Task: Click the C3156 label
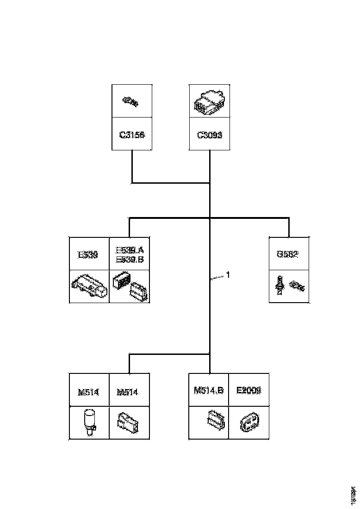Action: [x=132, y=135]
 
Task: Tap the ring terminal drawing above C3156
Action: [x=131, y=101]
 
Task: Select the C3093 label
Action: [x=210, y=135]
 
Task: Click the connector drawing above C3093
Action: [x=210, y=102]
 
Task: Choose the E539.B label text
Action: [x=129, y=259]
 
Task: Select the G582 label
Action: [x=289, y=254]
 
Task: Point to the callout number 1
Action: [x=227, y=275]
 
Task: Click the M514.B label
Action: [x=209, y=390]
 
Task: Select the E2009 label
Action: [x=249, y=390]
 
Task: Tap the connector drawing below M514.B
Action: [x=214, y=420]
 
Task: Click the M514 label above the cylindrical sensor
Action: [x=88, y=392]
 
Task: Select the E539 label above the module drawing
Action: [x=88, y=254]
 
